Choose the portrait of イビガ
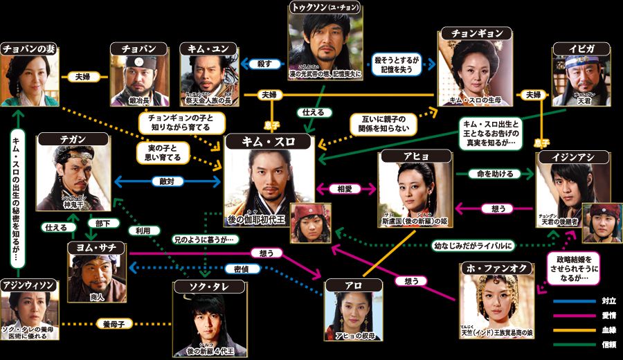580,77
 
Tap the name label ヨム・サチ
96,247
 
